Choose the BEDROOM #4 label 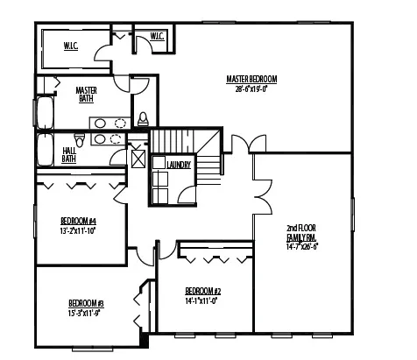(x=77, y=219)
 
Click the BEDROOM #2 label (x=202, y=291)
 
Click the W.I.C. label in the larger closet (x=71, y=46)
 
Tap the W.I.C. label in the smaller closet (x=157, y=37)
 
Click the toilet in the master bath (x=143, y=118)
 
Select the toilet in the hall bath (x=80, y=140)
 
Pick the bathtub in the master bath (x=44, y=114)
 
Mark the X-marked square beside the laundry (x=138, y=159)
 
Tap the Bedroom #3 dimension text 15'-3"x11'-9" (x=86, y=313)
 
